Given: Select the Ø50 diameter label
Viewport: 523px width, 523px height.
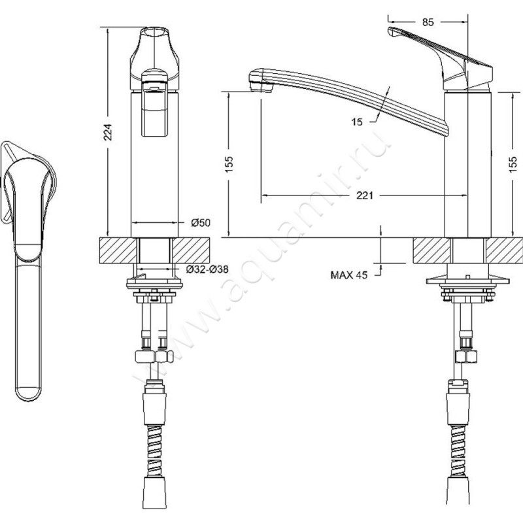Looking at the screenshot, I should (200, 223).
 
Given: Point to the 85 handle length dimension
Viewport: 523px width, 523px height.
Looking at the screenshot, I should (428, 22).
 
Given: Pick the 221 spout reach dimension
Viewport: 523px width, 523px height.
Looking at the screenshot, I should (365, 195).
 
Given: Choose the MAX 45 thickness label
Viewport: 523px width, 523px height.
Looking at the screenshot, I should (350, 275).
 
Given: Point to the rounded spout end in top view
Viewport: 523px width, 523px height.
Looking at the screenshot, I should (27, 389).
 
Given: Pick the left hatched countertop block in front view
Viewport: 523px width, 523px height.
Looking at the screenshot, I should (116, 249).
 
